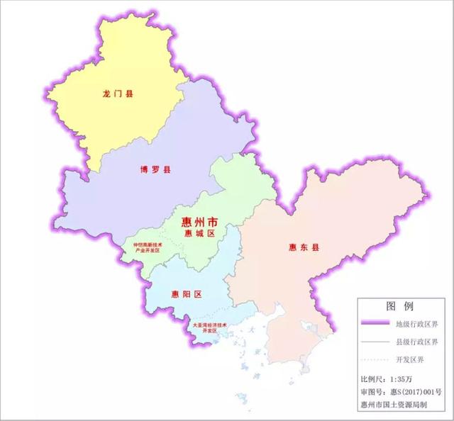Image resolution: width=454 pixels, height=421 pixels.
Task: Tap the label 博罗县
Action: click(155, 170)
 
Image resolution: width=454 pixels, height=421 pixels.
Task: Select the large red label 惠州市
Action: click(189, 222)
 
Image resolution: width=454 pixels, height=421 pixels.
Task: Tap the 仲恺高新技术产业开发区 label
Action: click(146, 248)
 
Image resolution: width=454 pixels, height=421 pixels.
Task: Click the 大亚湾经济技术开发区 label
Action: click(209, 328)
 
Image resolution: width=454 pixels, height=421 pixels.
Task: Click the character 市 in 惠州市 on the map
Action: click(206, 222)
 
